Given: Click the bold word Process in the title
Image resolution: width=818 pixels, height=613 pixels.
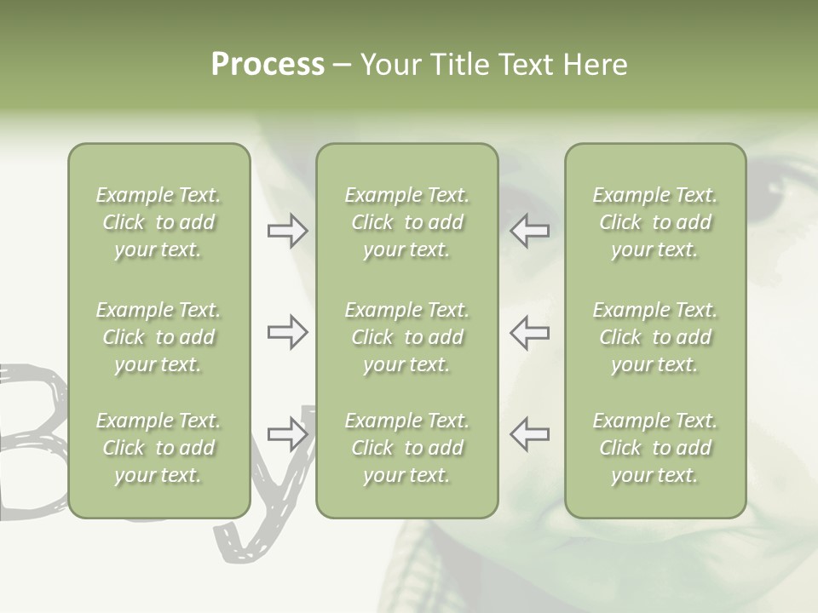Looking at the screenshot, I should [x=268, y=65].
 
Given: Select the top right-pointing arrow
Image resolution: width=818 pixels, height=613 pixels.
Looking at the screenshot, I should [x=288, y=231].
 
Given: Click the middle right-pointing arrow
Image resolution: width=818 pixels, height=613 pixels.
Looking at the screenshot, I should [x=288, y=332].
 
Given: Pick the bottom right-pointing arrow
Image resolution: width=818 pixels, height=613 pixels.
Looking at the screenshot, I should [x=288, y=434].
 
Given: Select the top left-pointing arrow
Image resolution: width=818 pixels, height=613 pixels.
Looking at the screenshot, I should [x=529, y=231].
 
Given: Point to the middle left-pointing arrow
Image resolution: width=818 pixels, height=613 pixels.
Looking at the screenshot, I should [x=529, y=332].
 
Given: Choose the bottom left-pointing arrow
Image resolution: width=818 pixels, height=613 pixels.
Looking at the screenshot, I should [x=529, y=434].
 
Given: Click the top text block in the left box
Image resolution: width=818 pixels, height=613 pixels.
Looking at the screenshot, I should [x=158, y=222].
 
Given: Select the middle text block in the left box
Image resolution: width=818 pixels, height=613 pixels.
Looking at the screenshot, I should [x=158, y=337].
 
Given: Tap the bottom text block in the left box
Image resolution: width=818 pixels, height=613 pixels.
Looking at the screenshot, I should [x=158, y=448].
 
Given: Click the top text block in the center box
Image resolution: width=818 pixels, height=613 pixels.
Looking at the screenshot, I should [x=406, y=222].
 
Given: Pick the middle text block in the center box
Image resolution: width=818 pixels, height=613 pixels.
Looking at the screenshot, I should [x=406, y=337].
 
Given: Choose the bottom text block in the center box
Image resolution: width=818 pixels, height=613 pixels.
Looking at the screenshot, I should [x=406, y=448].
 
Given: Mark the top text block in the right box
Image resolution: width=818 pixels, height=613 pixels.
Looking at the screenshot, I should [x=654, y=222].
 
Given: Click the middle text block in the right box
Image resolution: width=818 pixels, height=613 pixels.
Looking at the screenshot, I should [x=654, y=337].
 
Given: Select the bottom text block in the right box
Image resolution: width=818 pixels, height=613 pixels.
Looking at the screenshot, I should [x=654, y=448].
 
